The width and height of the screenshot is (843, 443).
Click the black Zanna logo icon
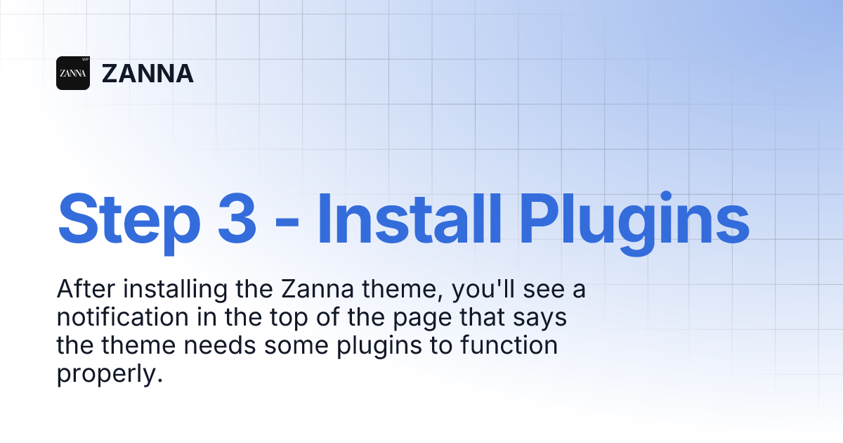click(73, 73)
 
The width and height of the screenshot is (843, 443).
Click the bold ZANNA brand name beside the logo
click(148, 73)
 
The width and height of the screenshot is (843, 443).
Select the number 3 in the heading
click(237, 219)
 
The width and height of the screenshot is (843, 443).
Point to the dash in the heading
click(287, 226)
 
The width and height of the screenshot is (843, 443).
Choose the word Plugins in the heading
click(634, 224)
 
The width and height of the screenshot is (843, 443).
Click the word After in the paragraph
click(86, 289)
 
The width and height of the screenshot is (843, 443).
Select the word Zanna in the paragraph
click(318, 289)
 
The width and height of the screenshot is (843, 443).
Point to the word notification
click(123, 317)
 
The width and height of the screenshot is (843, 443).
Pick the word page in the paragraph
click(422, 319)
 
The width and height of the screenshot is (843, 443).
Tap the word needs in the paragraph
click(220, 345)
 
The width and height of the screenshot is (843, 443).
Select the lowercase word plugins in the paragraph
click(379, 347)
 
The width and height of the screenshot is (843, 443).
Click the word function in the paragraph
click(509, 345)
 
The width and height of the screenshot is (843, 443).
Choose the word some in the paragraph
click(296, 347)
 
